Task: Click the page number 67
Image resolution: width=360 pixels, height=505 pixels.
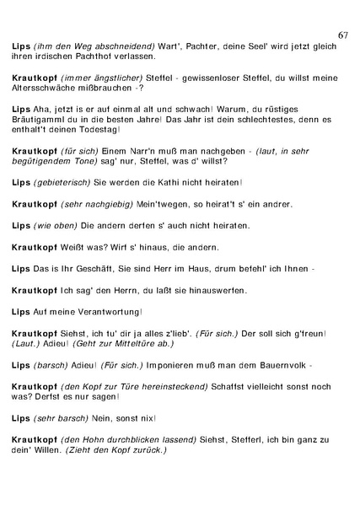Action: click(x=342, y=34)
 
